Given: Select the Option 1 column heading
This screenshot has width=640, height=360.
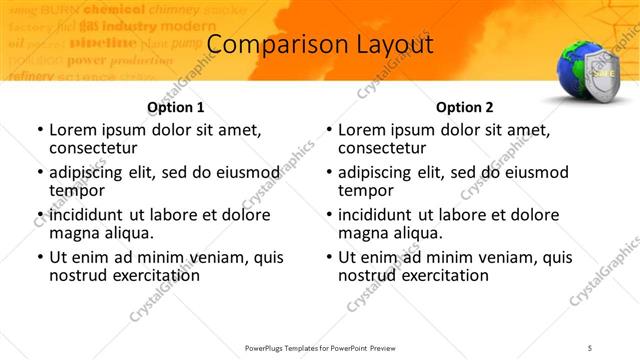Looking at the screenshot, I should tap(175, 107).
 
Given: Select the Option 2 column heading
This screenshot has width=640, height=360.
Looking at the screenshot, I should tap(465, 107).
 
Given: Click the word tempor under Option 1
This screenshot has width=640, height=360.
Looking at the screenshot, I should tap(77, 190).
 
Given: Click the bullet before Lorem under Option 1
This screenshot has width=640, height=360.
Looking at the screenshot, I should tap(39, 130).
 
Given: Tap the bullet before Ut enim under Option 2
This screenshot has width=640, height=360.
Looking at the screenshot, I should tap(328, 257).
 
